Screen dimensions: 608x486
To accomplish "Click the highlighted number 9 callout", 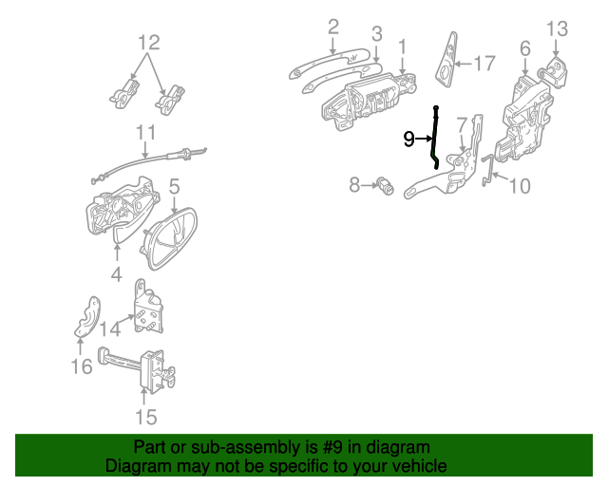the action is click(x=409, y=139).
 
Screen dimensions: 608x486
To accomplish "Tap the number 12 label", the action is click(x=149, y=43).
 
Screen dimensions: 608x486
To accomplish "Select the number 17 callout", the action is click(x=484, y=64).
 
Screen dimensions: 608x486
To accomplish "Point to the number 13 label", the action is click(x=558, y=29).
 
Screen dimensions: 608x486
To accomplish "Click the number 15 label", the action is click(x=146, y=418).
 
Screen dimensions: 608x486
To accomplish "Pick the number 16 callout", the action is click(x=82, y=366).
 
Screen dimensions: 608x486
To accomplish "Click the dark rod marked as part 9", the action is click(x=435, y=137).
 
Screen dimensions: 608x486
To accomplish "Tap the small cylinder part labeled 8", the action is click(x=385, y=186).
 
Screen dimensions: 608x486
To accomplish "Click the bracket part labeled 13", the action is click(x=553, y=72).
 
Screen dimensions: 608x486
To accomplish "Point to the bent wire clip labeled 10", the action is click(x=487, y=170).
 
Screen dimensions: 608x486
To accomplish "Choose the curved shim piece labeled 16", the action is click(x=88, y=317).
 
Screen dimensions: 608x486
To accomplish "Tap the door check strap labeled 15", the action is click(x=137, y=367).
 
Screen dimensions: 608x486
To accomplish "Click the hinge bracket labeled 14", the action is click(x=148, y=307).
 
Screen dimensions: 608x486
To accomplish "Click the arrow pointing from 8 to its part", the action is click(x=369, y=186).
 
